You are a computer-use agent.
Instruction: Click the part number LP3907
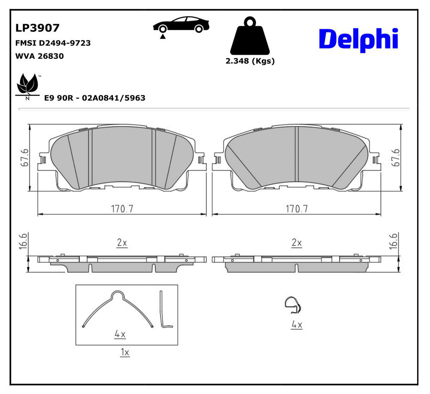(x=37, y=28)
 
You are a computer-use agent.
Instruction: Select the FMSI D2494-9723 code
(x=53, y=43)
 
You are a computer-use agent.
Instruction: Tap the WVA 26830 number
(x=40, y=56)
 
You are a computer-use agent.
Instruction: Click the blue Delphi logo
(x=359, y=39)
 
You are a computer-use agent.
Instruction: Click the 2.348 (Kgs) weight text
(x=250, y=61)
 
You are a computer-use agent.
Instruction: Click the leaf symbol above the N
(x=28, y=83)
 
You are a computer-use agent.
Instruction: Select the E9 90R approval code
(x=95, y=98)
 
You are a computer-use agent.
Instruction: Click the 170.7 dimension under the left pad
(x=122, y=209)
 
